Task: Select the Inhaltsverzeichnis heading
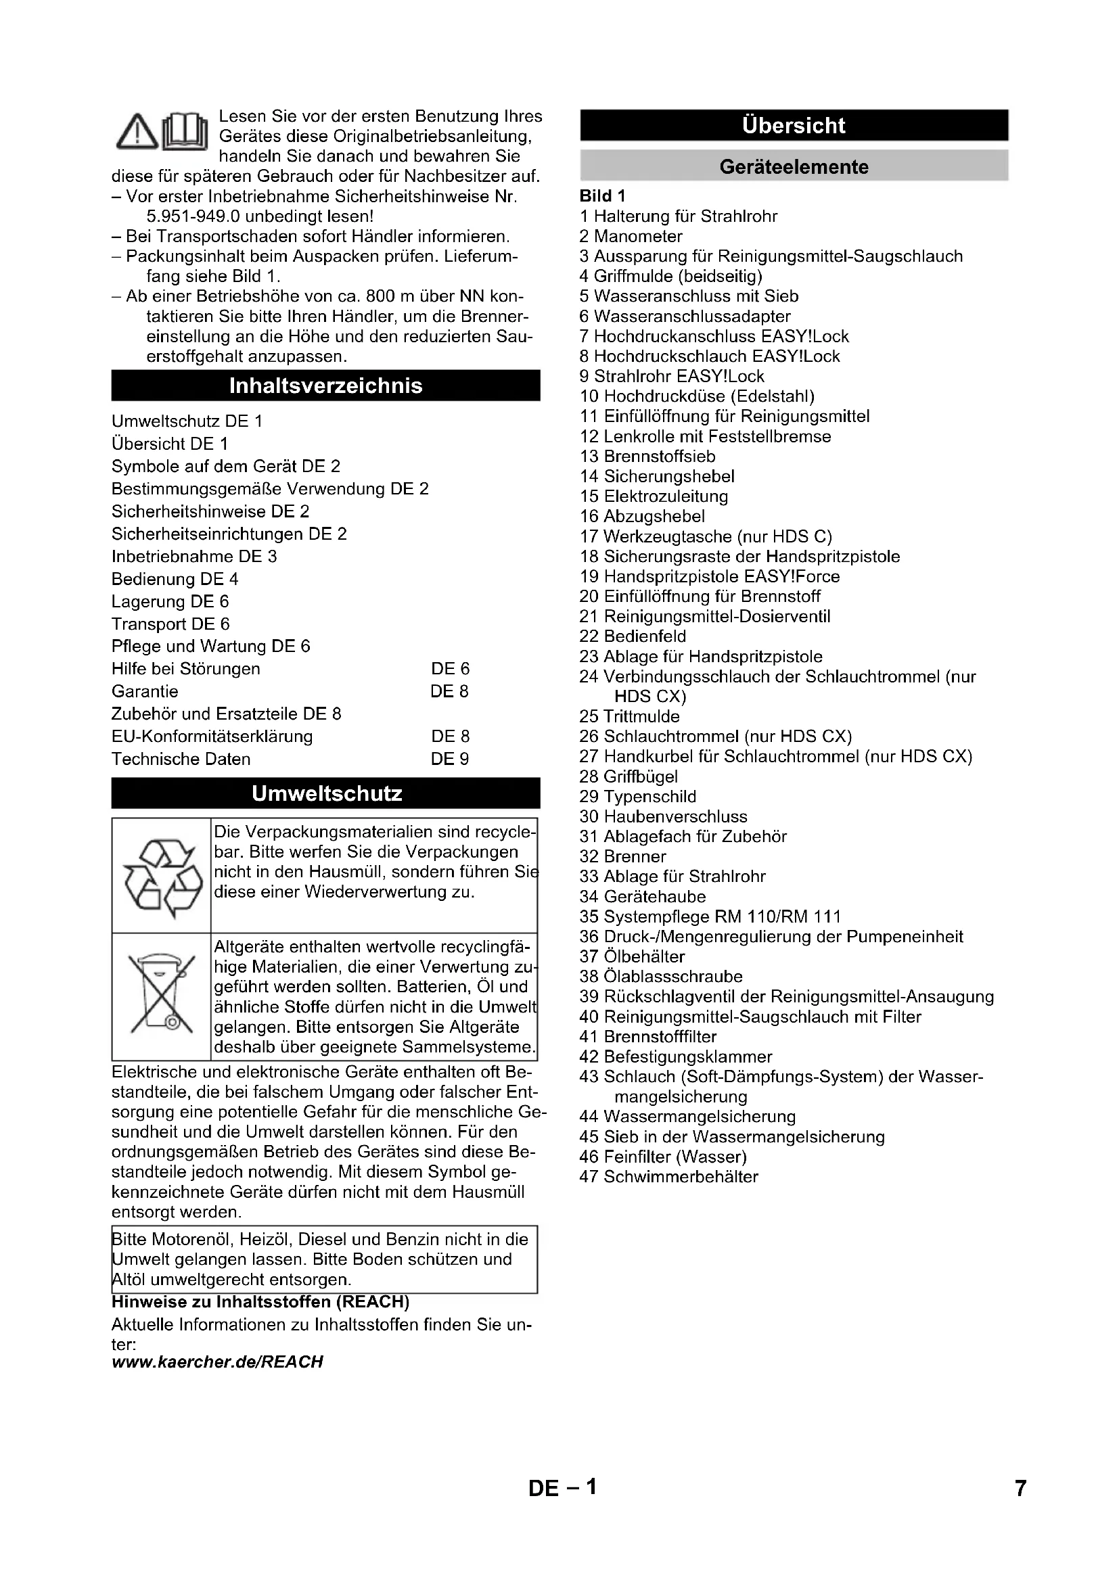[x=325, y=386]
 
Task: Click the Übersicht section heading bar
[x=794, y=125]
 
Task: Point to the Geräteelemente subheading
[x=794, y=167]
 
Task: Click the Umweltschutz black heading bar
[x=325, y=794]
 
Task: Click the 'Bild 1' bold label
[x=602, y=196]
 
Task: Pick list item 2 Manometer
[x=631, y=236]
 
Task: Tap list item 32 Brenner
[x=623, y=856]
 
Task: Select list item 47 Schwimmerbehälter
[x=668, y=1176]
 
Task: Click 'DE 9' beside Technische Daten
[x=450, y=759]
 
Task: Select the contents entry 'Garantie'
[x=145, y=691]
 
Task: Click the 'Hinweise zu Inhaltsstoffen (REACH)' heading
[x=260, y=1301]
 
